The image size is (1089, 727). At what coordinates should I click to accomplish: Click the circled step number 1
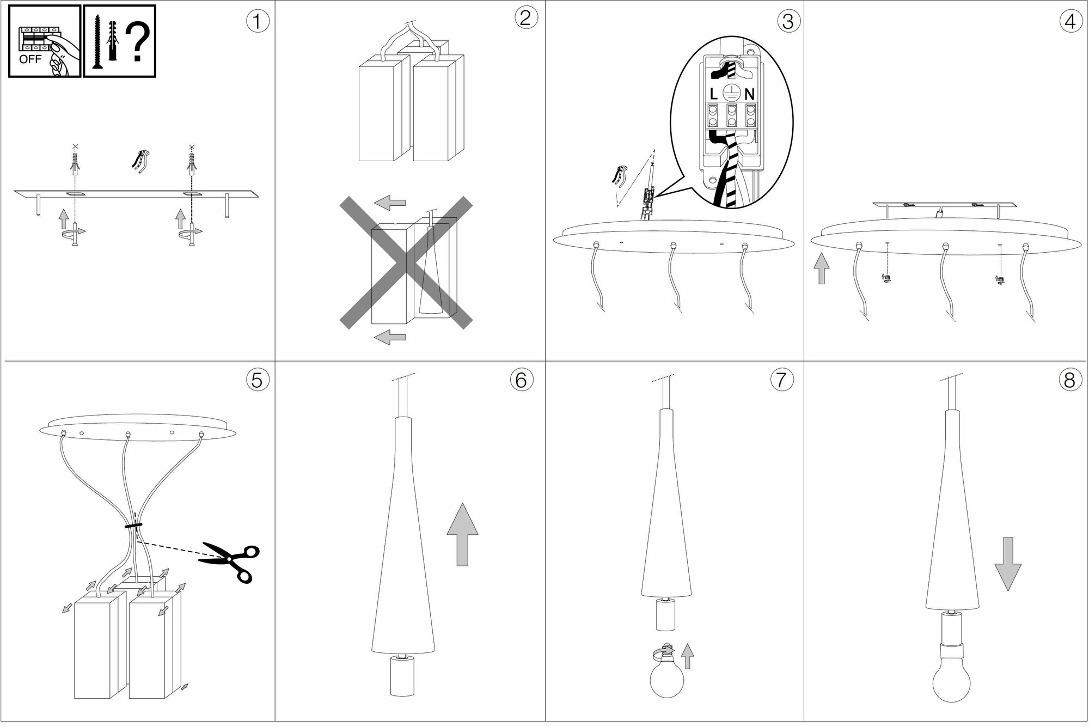pyautogui.click(x=258, y=22)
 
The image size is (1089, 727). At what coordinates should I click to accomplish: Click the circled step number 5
pyautogui.click(x=257, y=380)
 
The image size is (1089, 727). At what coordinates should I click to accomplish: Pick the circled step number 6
pyautogui.click(x=521, y=380)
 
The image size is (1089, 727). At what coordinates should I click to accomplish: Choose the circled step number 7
pyautogui.click(x=781, y=380)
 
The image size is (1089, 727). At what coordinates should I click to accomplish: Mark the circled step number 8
pyautogui.click(x=1069, y=380)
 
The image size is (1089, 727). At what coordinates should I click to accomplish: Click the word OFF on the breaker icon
pyautogui.click(x=30, y=59)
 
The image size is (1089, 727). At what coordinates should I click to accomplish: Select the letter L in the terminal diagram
pyautogui.click(x=714, y=94)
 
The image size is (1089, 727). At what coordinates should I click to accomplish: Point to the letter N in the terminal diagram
pyautogui.click(x=750, y=94)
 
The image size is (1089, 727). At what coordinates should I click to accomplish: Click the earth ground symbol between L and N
pyautogui.click(x=732, y=93)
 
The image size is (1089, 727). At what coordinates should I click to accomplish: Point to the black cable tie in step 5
pyautogui.click(x=133, y=525)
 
